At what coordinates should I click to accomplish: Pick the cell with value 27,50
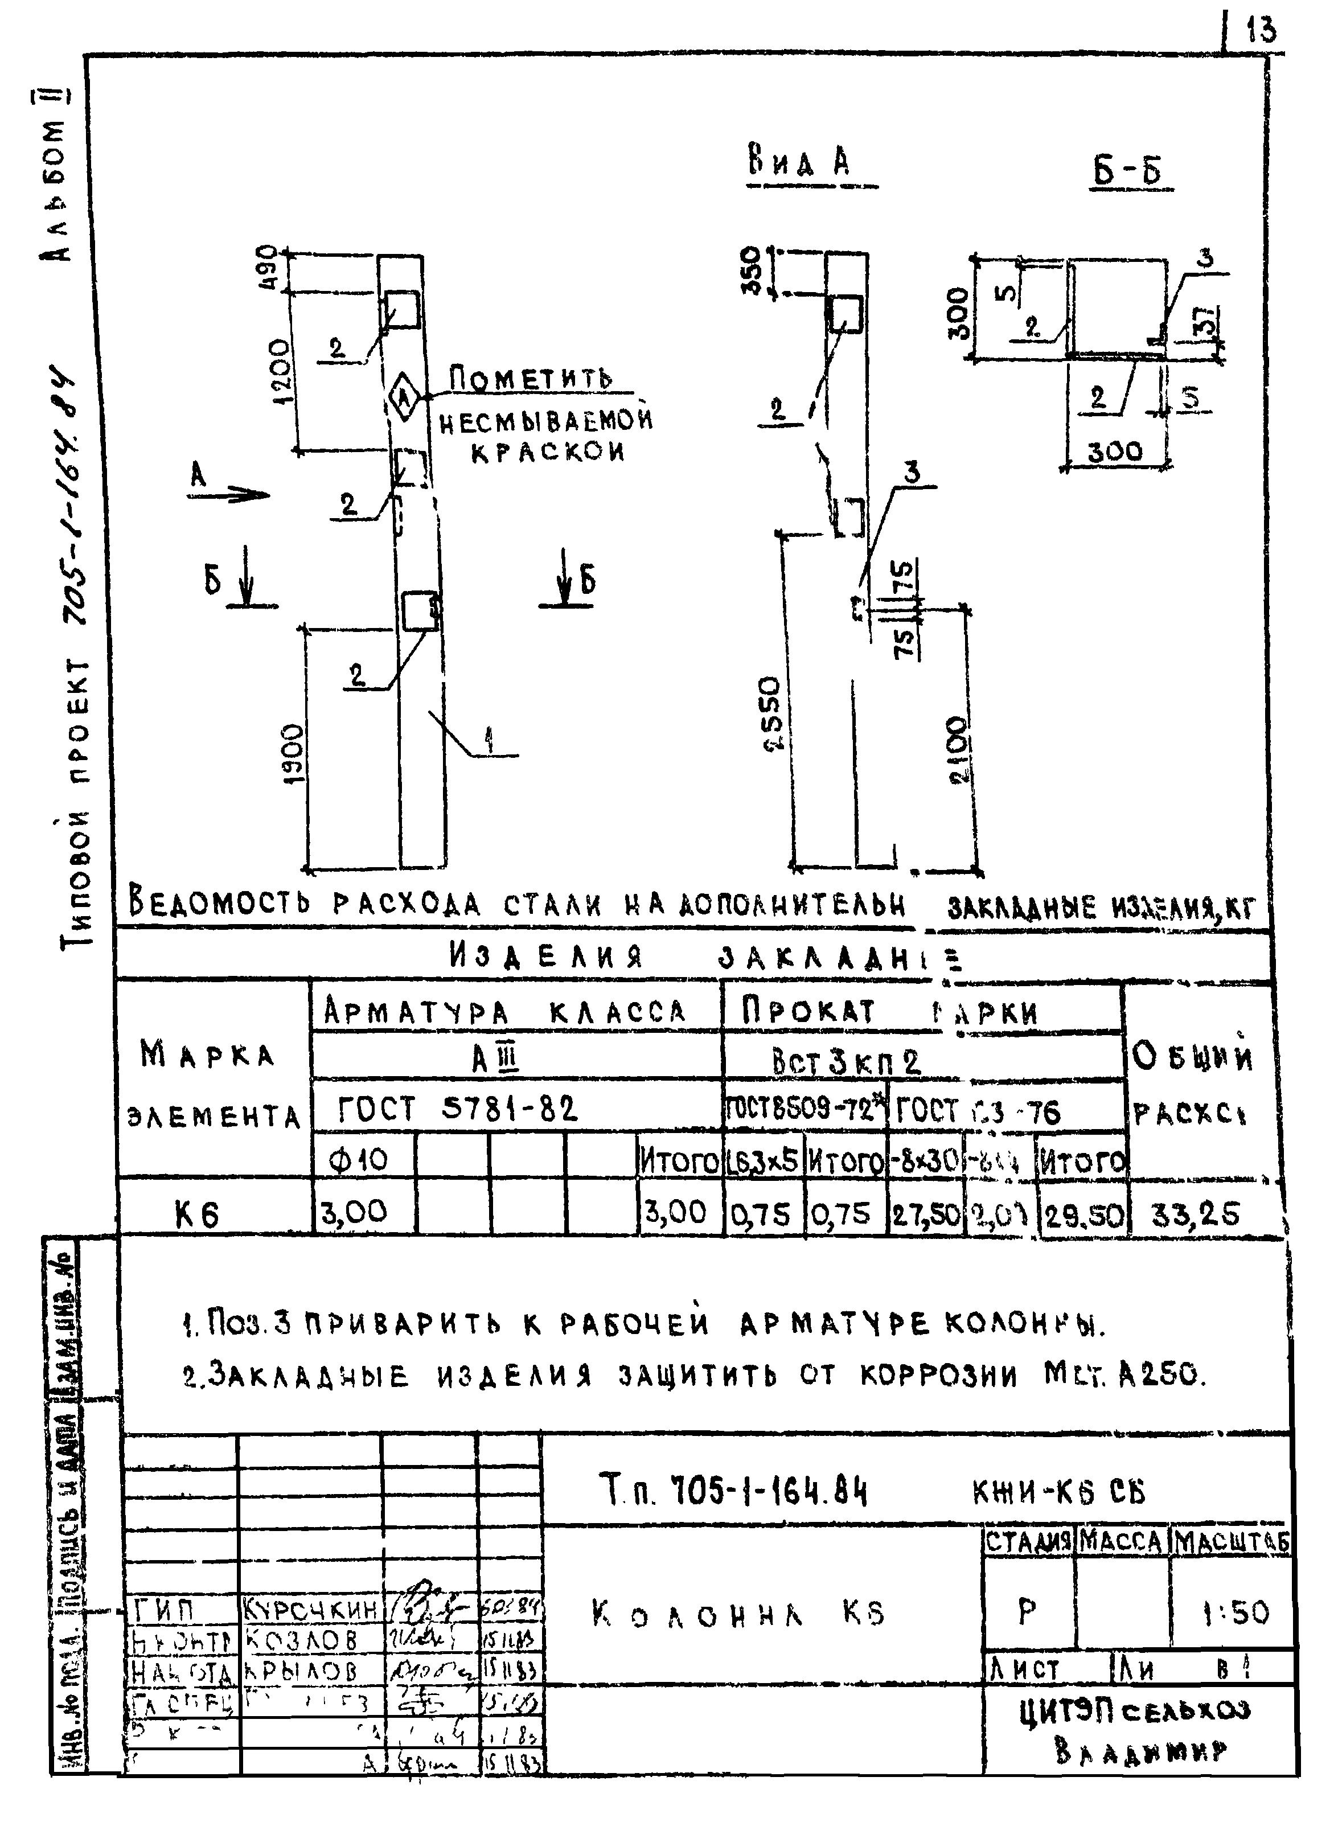coord(926,1214)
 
